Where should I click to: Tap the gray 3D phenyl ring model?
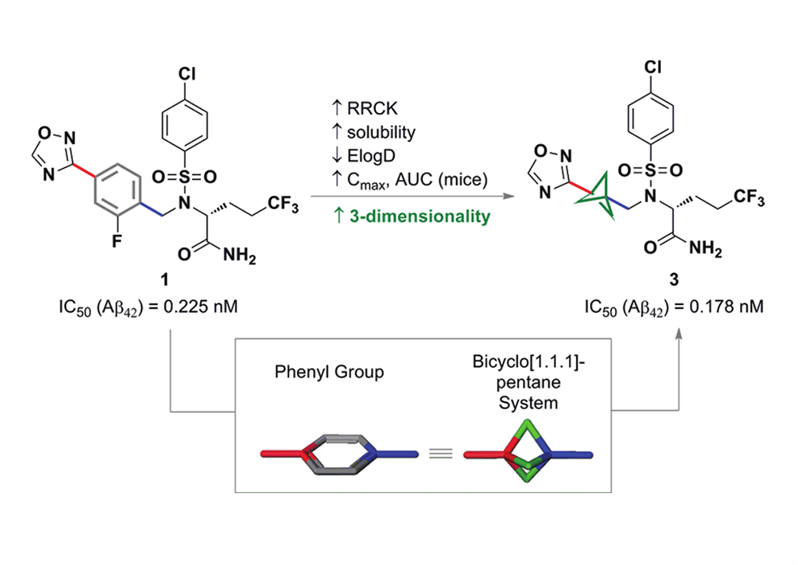pos(339,454)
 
